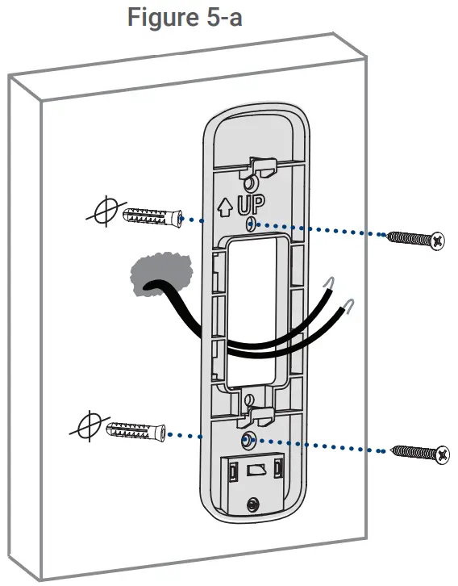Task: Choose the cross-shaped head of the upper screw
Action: (439, 240)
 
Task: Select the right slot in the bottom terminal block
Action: (278, 469)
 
